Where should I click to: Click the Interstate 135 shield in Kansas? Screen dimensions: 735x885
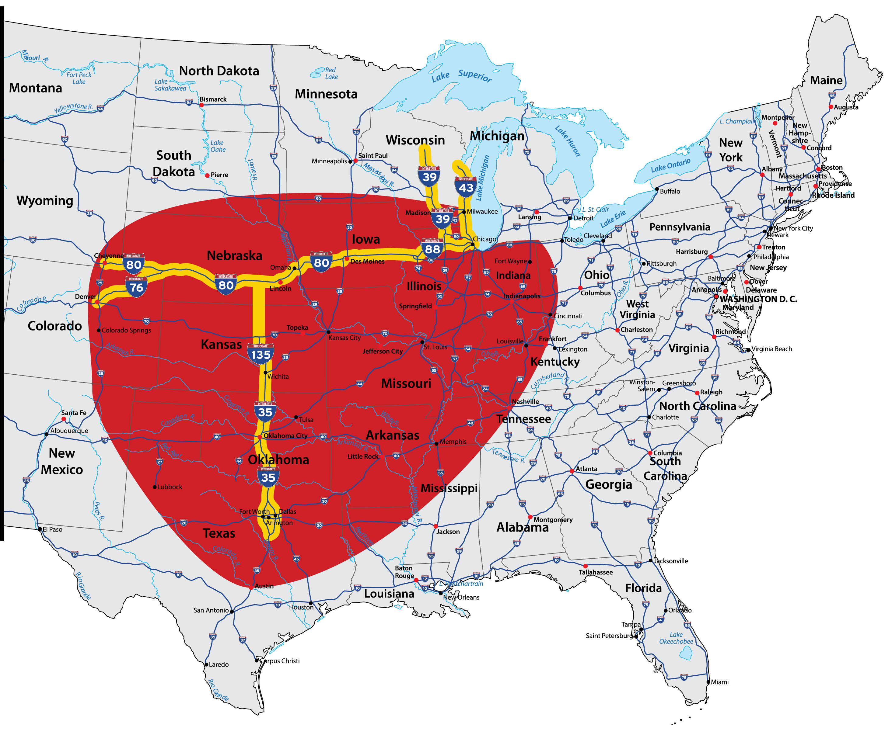pos(261,354)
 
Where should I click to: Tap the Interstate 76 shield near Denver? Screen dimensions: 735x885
pos(136,287)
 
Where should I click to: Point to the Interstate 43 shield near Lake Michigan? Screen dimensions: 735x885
pos(466,187)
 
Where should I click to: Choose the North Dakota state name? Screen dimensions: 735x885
pos(219,71)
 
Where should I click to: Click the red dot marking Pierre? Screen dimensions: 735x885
pos(207,175)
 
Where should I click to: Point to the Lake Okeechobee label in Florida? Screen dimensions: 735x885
pos(676,638)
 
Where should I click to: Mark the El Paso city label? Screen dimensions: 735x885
pos(52,529)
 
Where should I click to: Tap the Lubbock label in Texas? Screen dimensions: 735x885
pos(170,487)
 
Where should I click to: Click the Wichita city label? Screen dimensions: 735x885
pos(278,376)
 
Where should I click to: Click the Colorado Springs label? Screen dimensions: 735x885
pos(126,330)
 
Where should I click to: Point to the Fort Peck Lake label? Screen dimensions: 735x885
pos(79,78)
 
